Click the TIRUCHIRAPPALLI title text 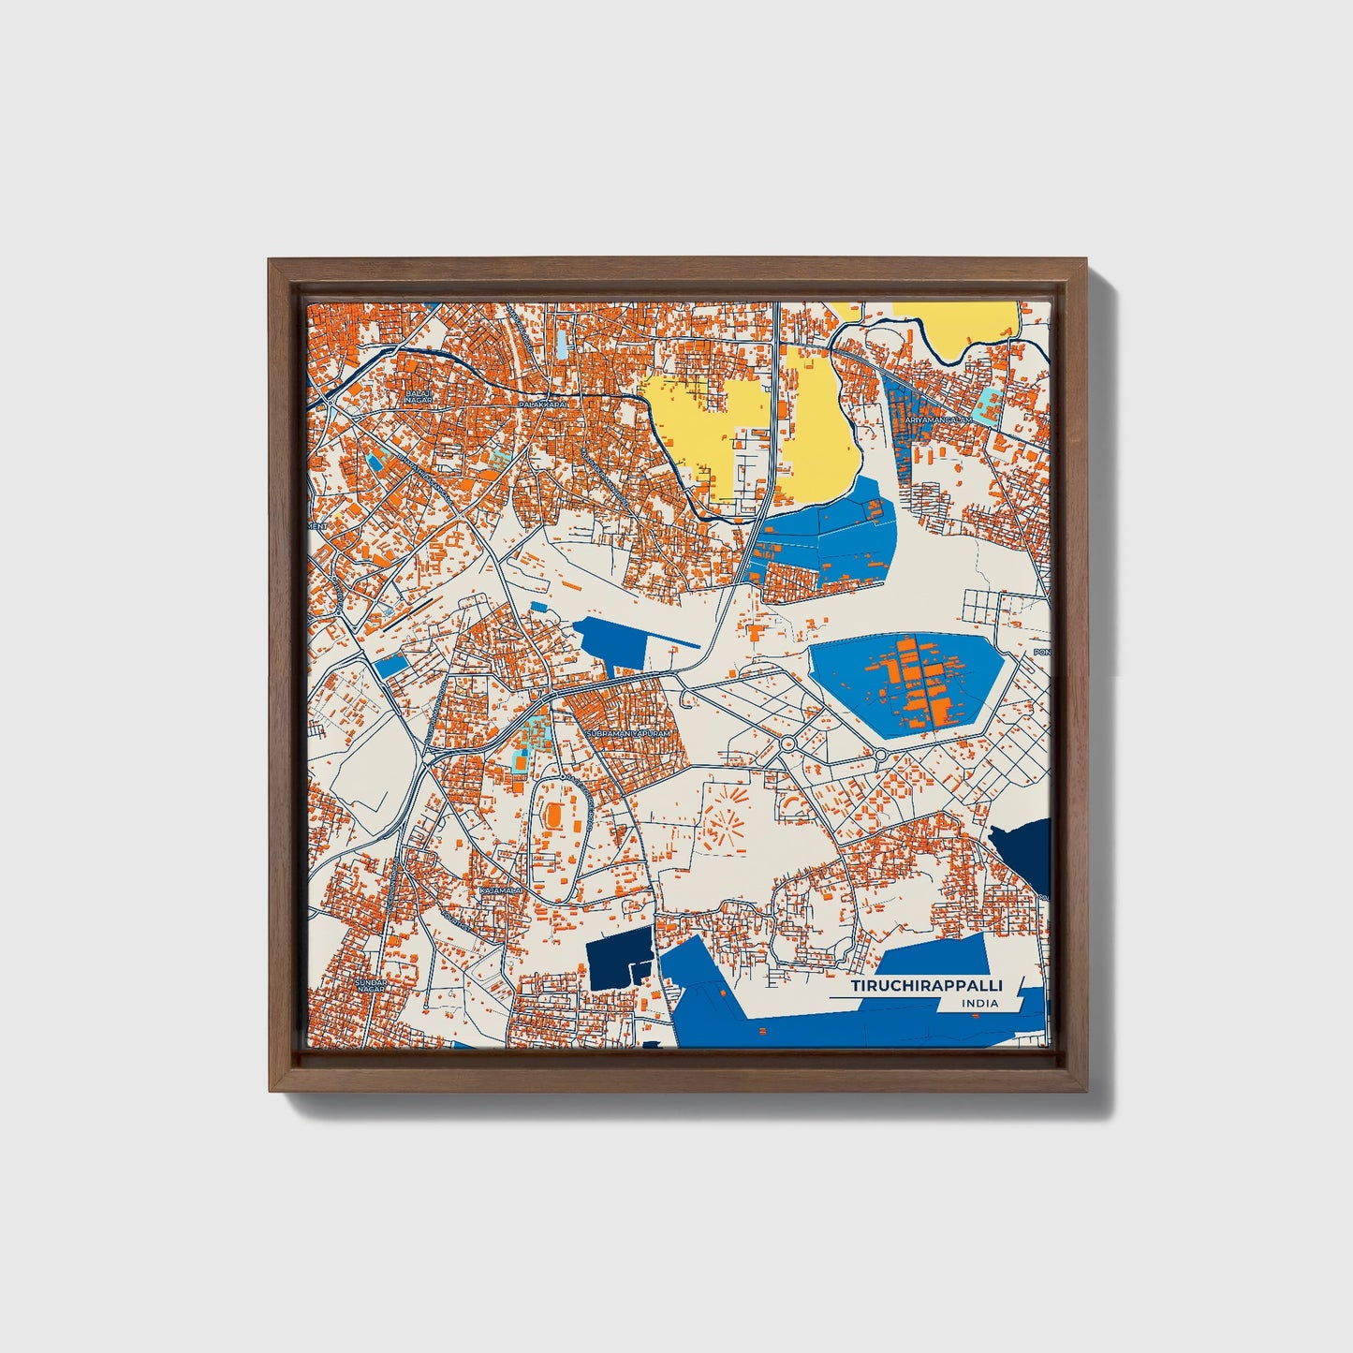coord(926,987)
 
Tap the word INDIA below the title coord(979,1004)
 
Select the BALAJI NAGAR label coord(418,397)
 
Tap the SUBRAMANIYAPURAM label coord(628,733)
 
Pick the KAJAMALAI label coord(499,890)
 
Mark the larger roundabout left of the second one coord(788,744)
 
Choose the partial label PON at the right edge coord(1041,652)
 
